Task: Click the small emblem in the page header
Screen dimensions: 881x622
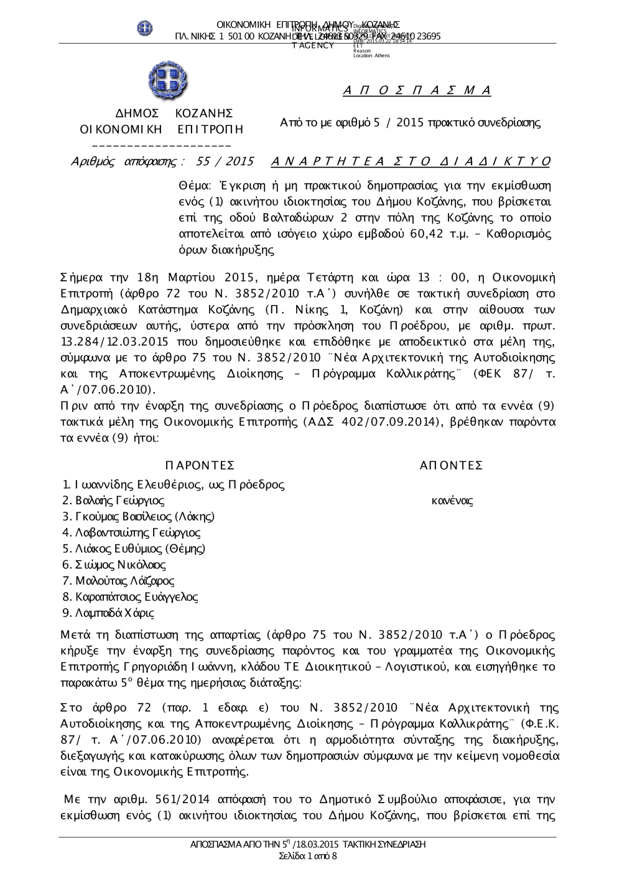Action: click(145, 27)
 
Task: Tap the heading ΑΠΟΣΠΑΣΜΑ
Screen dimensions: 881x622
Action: click(417, 91)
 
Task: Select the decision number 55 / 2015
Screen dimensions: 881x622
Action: click(225, 162)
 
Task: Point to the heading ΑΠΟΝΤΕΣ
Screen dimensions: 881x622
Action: click(452, 466)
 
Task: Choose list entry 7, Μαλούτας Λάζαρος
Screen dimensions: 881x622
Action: click(124, 581)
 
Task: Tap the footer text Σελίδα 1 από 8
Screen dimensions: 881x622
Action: click(309, 856)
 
